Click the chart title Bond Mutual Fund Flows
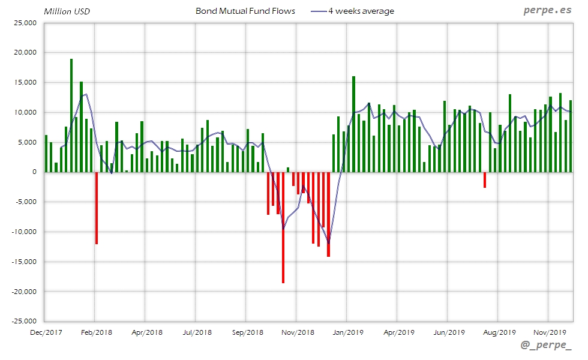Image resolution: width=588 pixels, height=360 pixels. pos(245,11)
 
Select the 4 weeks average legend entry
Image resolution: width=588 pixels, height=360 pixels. pos(361,11)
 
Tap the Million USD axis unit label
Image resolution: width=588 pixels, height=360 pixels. pos(67,11)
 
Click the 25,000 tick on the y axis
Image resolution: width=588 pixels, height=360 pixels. pos(26,23)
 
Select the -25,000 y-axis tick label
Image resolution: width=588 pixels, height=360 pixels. pos(24,322)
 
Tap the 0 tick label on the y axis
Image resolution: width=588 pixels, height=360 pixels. pos(34,172)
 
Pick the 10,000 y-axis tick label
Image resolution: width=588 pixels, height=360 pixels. pos(26,112)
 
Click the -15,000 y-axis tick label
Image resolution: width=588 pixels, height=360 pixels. pos(24,262)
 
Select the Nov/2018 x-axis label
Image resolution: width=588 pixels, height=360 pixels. pos(298,332)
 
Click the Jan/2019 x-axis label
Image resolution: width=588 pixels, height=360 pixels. pos(348,332)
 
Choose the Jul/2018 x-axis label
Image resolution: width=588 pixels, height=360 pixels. pos(197,332)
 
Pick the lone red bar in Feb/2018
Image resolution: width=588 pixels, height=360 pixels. pos(96,208)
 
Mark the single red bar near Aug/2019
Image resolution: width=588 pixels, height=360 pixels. pos(485,180)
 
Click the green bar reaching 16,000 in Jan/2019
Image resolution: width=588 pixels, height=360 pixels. pos(353,124)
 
